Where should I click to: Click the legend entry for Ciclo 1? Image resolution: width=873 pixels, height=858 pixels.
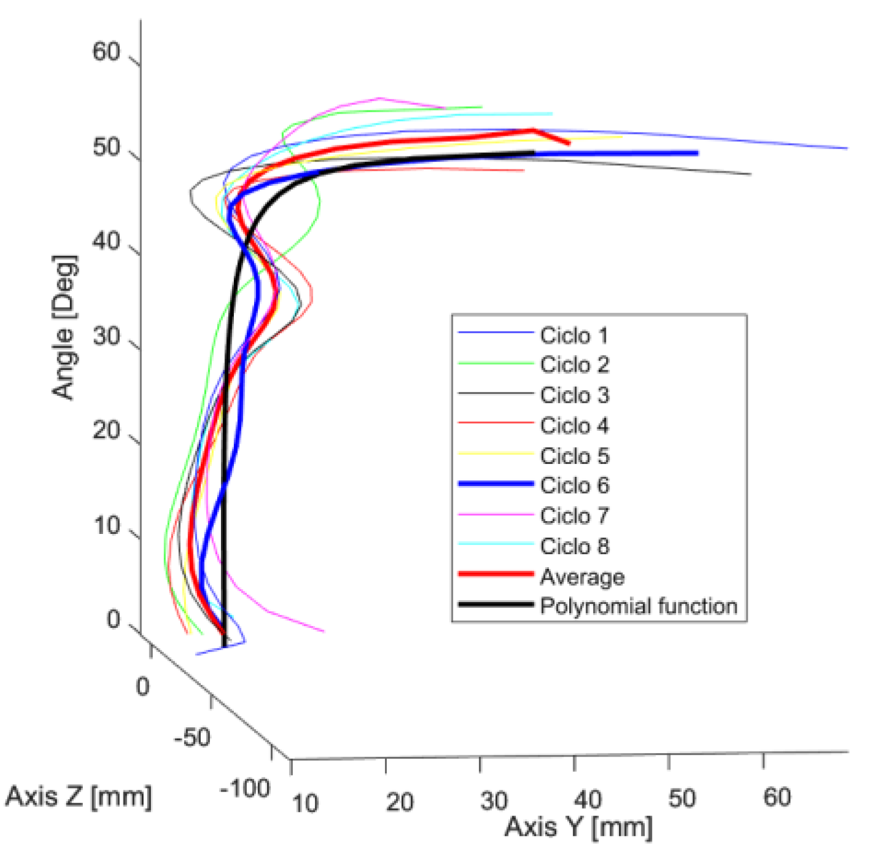[x=574, y=336]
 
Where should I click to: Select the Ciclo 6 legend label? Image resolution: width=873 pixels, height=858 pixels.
[x=575, y=485]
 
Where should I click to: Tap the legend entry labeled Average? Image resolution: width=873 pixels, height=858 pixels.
[x=582, y=577]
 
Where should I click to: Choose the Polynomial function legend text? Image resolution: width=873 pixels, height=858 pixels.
[x=638, y=606]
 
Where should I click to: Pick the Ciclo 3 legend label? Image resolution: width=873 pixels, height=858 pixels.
[x=575, y=395]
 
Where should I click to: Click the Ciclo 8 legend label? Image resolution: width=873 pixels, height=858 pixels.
[x=575, y=546]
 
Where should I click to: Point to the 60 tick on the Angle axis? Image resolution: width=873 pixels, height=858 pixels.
[x=106, y=52]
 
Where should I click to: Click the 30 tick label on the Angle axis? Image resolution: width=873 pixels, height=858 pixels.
[x=106, y=337]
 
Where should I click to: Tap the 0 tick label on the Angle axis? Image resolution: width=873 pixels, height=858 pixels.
[x=114, y=619]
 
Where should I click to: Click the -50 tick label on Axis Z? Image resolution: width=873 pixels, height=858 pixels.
[x=192, y=737]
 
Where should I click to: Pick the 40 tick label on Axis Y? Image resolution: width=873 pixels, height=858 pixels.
[x=588, y=800]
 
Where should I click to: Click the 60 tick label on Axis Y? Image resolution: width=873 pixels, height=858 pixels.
[x=777, y=797]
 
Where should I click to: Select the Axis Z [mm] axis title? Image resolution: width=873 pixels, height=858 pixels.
[x=79, y=797]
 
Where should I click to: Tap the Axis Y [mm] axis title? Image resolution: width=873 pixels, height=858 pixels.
[x=578, y=827]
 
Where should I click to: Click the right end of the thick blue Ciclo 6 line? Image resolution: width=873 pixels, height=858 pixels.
[x=697, y=153]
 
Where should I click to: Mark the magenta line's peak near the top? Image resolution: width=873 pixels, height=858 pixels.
[x=380, y=98]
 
